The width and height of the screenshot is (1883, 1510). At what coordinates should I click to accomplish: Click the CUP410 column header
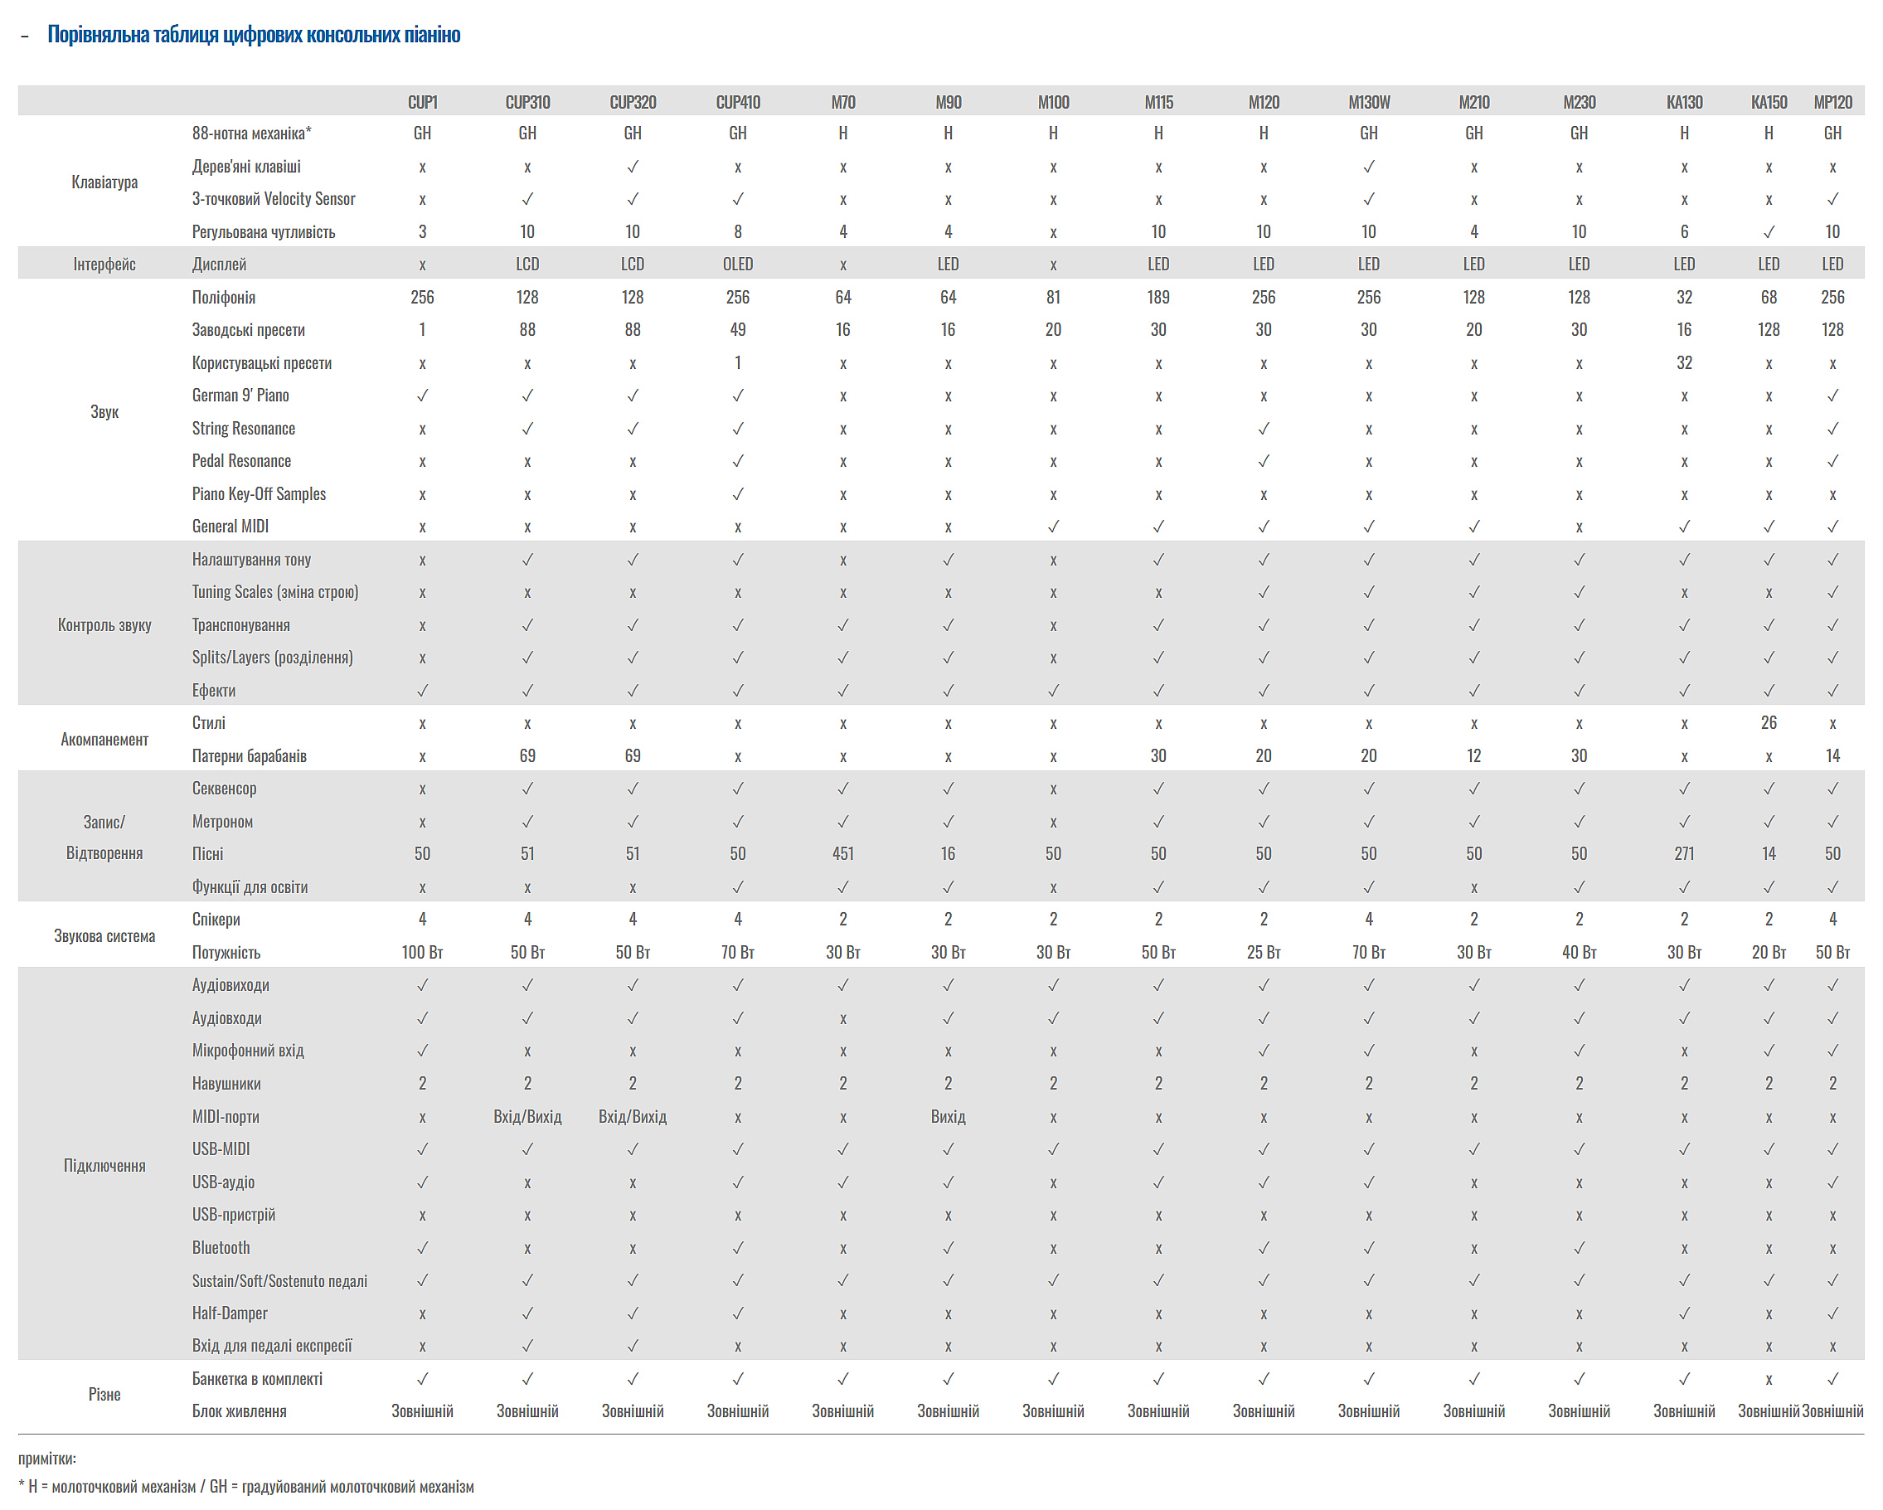tap(737, 102)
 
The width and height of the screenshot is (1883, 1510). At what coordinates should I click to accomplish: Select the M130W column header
tap(1368, 102)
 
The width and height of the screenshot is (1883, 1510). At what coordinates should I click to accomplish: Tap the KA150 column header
tap(1768, 102)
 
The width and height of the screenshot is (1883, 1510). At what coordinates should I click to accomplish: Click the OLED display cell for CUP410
tap(737, 264)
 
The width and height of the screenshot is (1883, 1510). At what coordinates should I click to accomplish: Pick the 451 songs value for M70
tap(842, 853)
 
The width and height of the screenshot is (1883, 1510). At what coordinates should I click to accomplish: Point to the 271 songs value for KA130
tap(1683, 853)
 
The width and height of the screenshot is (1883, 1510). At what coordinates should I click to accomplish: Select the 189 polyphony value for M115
tap(1157, 297)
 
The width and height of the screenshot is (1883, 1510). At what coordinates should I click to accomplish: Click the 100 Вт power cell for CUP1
tap(422, 952)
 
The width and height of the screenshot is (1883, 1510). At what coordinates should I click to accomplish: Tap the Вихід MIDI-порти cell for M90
tap(948, 1116)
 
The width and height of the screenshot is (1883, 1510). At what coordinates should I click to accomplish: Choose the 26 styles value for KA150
tap(1768, 722)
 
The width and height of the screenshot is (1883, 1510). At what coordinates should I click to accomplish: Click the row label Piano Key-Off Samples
tap(259, 493)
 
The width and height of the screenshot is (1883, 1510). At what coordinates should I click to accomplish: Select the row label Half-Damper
tap(230, 1313)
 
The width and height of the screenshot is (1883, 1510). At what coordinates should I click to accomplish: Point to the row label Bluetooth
tap(221, 1247)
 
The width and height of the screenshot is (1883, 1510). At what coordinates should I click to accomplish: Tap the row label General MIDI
tap(231, 526)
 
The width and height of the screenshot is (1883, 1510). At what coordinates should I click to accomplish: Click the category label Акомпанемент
tap(104, 739)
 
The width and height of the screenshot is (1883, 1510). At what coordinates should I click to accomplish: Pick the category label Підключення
tap(104, 1165)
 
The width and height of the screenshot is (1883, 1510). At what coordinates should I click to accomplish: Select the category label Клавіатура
tap(104, 182)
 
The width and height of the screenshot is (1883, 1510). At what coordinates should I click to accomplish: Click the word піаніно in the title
tap(430, 34)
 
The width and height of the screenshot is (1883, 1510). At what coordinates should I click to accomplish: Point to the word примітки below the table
tap(46, 1458)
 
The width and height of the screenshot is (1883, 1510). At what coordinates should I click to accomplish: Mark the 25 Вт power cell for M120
tap(1263, 952)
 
